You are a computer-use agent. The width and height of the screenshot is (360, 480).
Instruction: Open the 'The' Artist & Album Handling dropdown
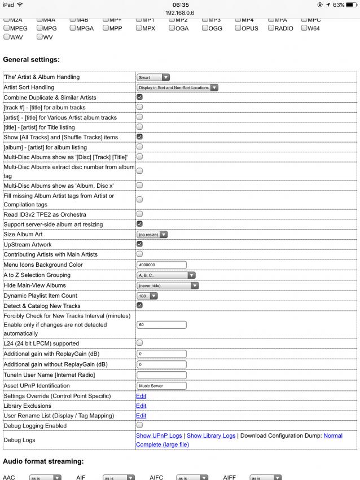pos(153,77)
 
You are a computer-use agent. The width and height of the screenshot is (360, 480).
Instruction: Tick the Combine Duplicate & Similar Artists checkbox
pos(139,98)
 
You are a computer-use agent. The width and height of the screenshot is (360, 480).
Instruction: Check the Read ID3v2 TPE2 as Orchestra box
pos(139,214)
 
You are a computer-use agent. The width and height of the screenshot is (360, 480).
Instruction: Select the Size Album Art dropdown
pos(152,234)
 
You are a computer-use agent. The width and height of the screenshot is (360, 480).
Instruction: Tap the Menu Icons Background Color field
pos(161,265)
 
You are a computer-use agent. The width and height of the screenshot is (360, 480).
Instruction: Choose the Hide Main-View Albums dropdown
pos(168,285)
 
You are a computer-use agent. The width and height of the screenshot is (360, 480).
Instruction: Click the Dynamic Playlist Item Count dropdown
pos(147,296)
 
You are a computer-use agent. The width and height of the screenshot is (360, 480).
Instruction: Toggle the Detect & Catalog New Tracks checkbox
pos(139,306)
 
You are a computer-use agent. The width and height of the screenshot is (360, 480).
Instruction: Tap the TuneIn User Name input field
pos(161,375)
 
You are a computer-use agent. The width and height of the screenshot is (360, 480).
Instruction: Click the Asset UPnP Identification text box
pos(161,386)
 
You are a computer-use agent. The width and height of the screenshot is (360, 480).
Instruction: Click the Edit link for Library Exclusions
pos(141,406)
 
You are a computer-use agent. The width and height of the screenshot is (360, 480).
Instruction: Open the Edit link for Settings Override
pos(141,395)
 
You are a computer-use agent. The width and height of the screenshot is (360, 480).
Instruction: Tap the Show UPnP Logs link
pos(160,435)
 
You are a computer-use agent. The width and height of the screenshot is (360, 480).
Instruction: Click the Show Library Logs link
pos(210,435)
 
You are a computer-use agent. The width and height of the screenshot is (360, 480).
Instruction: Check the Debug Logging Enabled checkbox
pos(139,425)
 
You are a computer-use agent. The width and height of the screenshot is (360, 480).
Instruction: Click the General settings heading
pos(32,59)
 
